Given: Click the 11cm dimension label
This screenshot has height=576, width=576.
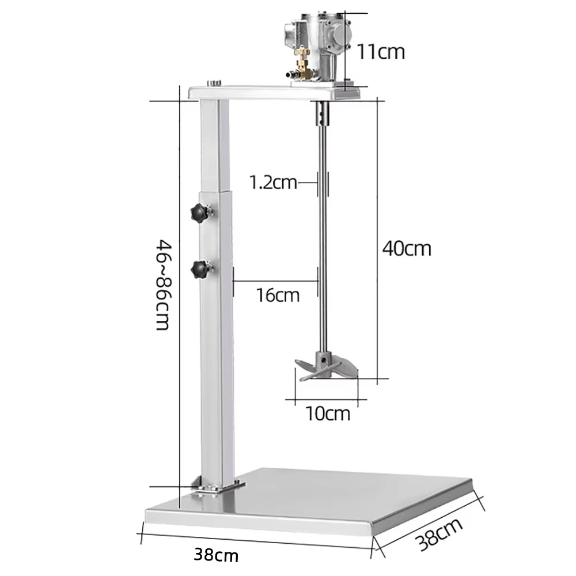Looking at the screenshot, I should pos(381,51).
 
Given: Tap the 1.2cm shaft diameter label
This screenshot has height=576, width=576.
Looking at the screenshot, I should pos(273,183).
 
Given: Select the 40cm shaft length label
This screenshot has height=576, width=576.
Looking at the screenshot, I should pos(407,248).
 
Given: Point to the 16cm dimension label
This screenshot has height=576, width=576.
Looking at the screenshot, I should pos(278,295).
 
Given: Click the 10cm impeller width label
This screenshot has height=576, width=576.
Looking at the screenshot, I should pos(328,413).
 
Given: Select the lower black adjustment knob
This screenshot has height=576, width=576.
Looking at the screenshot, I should pos(200,268).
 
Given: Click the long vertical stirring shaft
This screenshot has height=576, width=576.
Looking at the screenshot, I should pos(323,242).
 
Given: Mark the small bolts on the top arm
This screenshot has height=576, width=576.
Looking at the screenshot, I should pos(215,83).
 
